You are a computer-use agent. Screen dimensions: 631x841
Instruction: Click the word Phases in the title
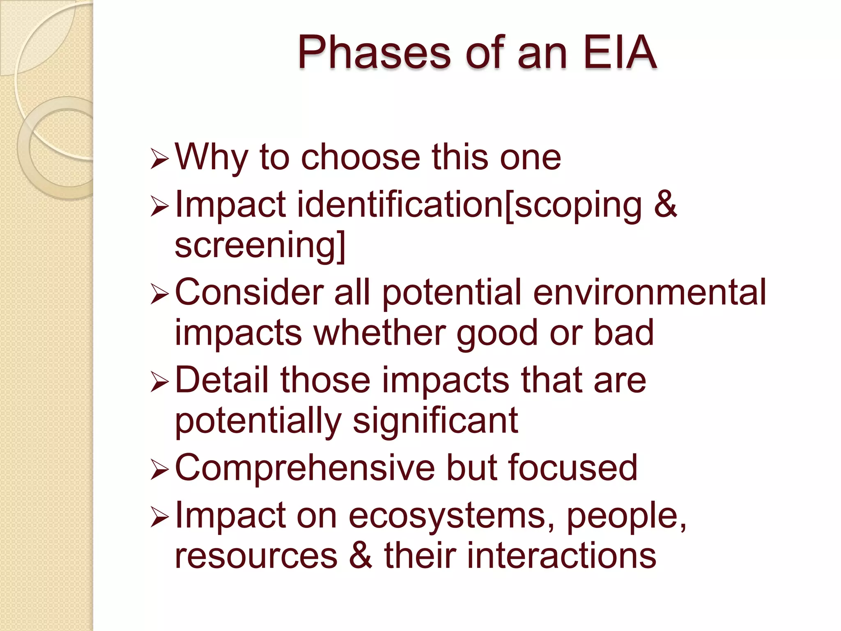374,53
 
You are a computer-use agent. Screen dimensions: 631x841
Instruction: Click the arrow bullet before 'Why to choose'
159,159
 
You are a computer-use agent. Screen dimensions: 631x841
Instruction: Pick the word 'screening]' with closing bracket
260,246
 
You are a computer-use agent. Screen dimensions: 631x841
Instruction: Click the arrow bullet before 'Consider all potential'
159,295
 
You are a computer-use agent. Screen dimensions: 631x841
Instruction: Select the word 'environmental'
649,292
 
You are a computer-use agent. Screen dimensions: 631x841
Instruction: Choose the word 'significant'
435,421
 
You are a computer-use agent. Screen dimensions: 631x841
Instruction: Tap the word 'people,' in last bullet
626,517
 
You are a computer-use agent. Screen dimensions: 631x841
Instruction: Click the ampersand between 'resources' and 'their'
361,555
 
